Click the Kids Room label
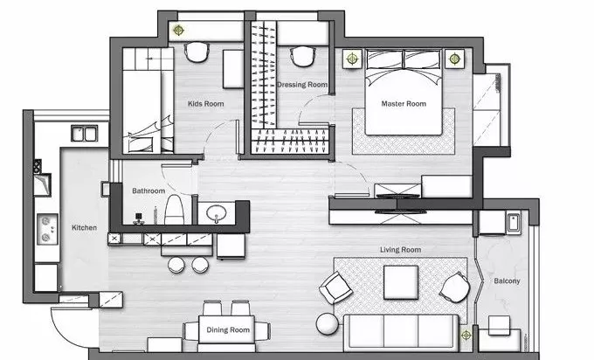click(205, 103)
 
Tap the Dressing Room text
click(302, 85)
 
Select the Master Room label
click(404, 103)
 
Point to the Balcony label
click(507, 280)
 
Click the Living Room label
click(400, 250)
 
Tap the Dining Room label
click(228, 329)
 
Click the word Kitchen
click(85, 227)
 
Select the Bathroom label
click(148, 190)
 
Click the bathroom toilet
click(174, 210)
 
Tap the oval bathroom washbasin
click(217, 214)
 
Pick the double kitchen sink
click(85, 134)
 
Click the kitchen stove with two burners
click(47, 229)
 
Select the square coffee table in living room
click(401, 282)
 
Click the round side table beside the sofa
click(328, 324)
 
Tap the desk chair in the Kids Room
click(197, 52)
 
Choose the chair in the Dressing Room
click(303, 57)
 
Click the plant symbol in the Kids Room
click(178, 30)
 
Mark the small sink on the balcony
click(514, 223)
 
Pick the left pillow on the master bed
click(384, 59)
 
